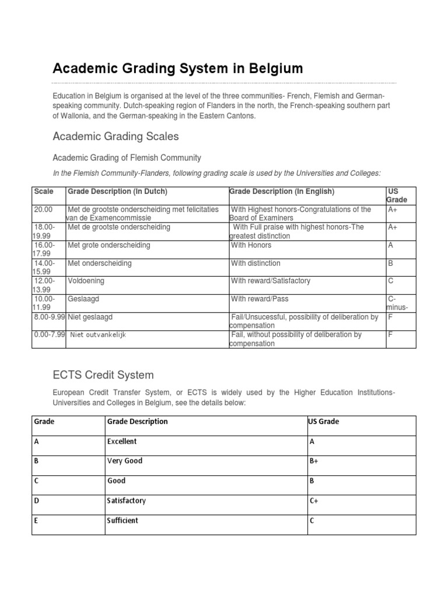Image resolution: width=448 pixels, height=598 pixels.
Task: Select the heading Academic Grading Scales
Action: pos(116,137)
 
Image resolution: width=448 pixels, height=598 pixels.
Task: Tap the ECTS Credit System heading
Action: pos(103,374)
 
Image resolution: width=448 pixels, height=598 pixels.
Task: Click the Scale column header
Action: pos(44,192)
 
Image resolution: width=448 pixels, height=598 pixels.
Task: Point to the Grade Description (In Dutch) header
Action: pos(117,192)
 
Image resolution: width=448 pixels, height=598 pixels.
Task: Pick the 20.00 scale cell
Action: pos(44,209)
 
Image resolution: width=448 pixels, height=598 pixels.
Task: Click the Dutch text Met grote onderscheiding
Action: pos(108,245)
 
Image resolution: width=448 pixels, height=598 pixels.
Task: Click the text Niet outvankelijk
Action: pos(97,335)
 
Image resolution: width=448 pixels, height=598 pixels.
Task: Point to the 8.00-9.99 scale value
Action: pos(49,317)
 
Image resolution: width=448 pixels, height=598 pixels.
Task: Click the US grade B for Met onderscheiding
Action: pos(391,263)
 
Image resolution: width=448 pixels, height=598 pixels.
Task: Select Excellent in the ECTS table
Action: pos(122,441)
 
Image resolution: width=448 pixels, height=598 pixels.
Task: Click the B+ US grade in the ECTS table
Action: pos(313,461)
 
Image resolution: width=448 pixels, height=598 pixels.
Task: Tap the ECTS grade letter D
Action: pos(37,500)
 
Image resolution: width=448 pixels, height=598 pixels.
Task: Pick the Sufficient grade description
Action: pos(123,520)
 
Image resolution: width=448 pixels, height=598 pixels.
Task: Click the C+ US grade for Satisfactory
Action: pos(313,500)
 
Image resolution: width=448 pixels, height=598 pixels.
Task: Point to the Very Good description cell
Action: pos(125,461)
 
